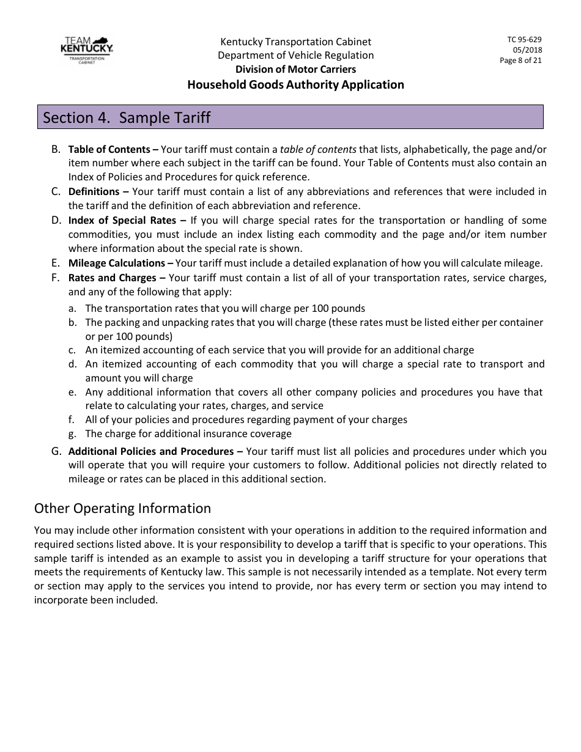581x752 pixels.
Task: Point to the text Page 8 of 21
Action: (x=520, y=61)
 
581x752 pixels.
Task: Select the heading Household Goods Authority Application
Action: (x=295, y=85)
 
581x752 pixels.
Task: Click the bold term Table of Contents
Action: (x=109, y=149)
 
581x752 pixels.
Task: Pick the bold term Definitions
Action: (x=94, y=191)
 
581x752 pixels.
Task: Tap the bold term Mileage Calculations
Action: (x=117, y=263)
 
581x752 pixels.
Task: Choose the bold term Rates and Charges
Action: (x=112, y=278)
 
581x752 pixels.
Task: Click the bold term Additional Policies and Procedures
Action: (x=150, y=451)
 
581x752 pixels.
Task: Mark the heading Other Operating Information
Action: (x=122, y=509)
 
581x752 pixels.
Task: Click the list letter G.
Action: (x=56, y=451)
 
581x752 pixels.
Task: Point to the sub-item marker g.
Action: (x=72, y=433)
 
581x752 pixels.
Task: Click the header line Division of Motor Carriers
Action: (x=295, y=70)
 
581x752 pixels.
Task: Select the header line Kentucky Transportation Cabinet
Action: (x=295, y=42)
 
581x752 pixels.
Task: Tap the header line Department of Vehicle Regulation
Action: (x=295, y=56)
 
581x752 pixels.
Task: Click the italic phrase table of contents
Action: (x=318, y=149)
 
